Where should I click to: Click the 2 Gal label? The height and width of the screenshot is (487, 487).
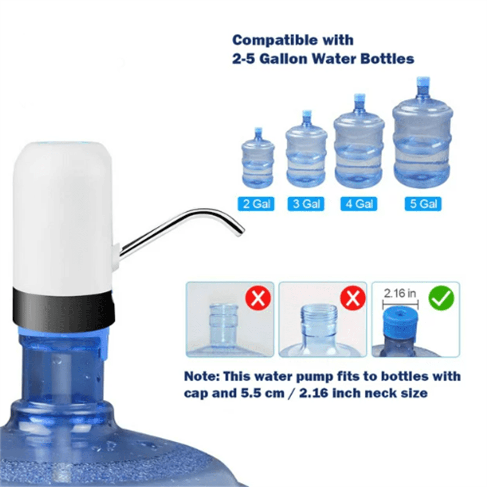click(256, 204)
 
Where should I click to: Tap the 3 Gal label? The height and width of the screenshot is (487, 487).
click(306, 204)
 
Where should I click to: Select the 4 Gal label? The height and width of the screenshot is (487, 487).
click(359, 204)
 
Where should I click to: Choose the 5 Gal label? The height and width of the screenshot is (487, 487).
click(423, 204)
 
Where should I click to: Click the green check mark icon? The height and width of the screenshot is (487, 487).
click(441, 298)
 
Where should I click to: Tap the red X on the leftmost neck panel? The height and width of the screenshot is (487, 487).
click(258, 298)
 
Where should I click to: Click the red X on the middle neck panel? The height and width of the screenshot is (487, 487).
click(353, 298)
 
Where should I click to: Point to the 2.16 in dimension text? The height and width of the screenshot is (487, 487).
click(400, 293)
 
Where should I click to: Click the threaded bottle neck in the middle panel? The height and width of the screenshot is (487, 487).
click(319, 320)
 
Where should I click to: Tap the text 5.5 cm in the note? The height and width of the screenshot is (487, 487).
click(262, 393)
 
